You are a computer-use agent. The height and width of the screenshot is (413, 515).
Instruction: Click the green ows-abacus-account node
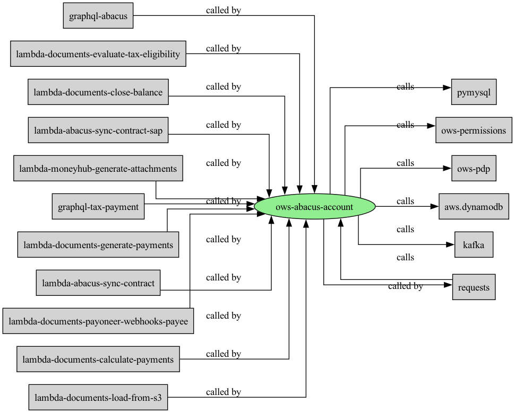[x=315, y=207]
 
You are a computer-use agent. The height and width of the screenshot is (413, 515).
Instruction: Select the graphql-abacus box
[x=98, y=16]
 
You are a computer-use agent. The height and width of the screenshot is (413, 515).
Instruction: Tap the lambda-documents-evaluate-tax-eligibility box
[x=98, y=54]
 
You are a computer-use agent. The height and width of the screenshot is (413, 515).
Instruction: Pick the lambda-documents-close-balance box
[x=98, y=92]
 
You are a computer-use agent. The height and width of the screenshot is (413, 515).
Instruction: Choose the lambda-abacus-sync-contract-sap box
[x=98, y=130]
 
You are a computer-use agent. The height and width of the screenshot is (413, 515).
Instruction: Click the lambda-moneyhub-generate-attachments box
[x=98, y=168]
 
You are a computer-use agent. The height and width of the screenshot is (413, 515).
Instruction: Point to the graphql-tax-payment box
[x=98, y=206]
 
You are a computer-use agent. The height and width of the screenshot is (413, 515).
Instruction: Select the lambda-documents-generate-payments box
[x=98, y=245]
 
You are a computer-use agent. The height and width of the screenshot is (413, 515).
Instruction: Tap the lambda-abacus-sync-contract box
[x=98, y=283]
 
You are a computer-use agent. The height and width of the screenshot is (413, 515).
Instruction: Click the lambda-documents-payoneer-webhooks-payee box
[x=98, y=321]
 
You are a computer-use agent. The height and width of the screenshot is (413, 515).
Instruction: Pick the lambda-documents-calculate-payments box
[x=98, y=359]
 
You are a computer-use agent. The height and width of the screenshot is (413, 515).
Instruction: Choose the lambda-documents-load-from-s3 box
[x=98, y=397]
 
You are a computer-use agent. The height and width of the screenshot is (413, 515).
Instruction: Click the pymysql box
[x=474, y=92]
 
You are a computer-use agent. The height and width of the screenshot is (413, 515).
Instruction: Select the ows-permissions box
[x=474, y=130]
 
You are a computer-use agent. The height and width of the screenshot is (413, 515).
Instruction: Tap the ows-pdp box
[x=474, y=168]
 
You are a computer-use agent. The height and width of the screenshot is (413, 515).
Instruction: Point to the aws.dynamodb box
[x=474, y=206]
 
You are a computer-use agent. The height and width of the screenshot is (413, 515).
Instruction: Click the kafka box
[x=474, y=245]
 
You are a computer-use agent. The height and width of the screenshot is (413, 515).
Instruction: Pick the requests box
[x=474, y=287]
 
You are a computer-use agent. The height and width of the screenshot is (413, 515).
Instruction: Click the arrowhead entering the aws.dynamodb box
[x=434, y=206]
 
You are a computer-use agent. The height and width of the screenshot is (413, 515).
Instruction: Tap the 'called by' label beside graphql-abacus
[x=224, y=11]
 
